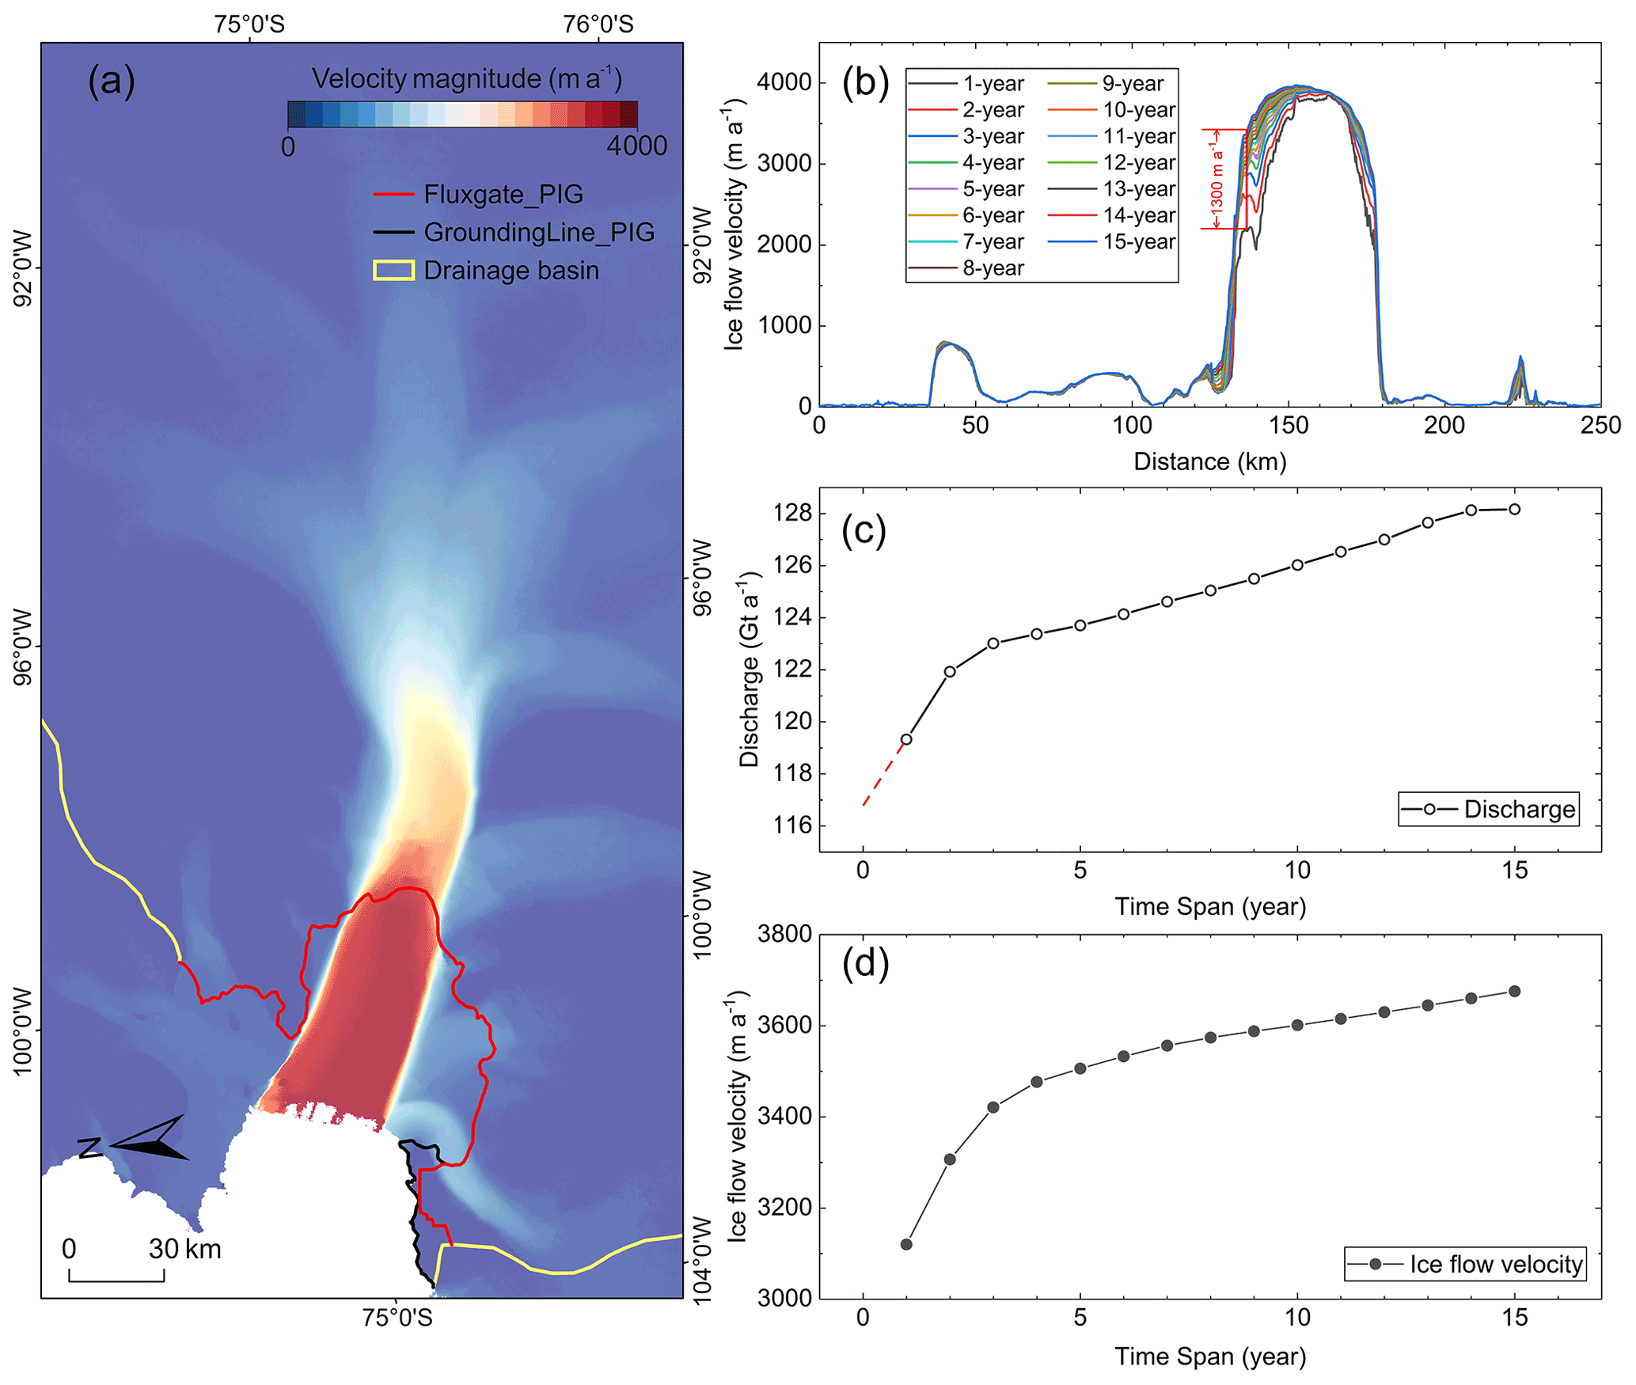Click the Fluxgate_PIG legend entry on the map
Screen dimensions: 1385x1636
click(503, 195)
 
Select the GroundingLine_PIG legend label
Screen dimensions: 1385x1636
click(539, 233)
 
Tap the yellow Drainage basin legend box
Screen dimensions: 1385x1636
click(393, 271)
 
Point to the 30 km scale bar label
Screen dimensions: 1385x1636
click(184, 1249)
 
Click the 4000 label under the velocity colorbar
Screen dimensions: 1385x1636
click(636, 146)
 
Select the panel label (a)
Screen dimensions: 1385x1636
click(112, 82)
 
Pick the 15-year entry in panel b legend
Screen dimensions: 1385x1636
click(1138, 242)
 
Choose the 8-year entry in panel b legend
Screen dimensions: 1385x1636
click(993, 268)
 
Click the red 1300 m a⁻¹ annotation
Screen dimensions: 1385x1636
click(1217, 179)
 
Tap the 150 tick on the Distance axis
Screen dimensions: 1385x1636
click(1289, 426)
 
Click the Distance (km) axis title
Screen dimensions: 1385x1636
click(1209, 462)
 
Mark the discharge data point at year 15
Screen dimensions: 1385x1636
click(1514, 510)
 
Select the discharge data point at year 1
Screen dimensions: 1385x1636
click(906, 739)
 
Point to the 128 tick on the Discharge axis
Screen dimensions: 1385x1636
click(792, 514)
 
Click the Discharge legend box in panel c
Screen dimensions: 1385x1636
click(1488, 809)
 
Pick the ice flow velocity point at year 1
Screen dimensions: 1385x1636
click(906, 1244)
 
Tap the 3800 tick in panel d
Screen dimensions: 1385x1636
click(784, 934)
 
